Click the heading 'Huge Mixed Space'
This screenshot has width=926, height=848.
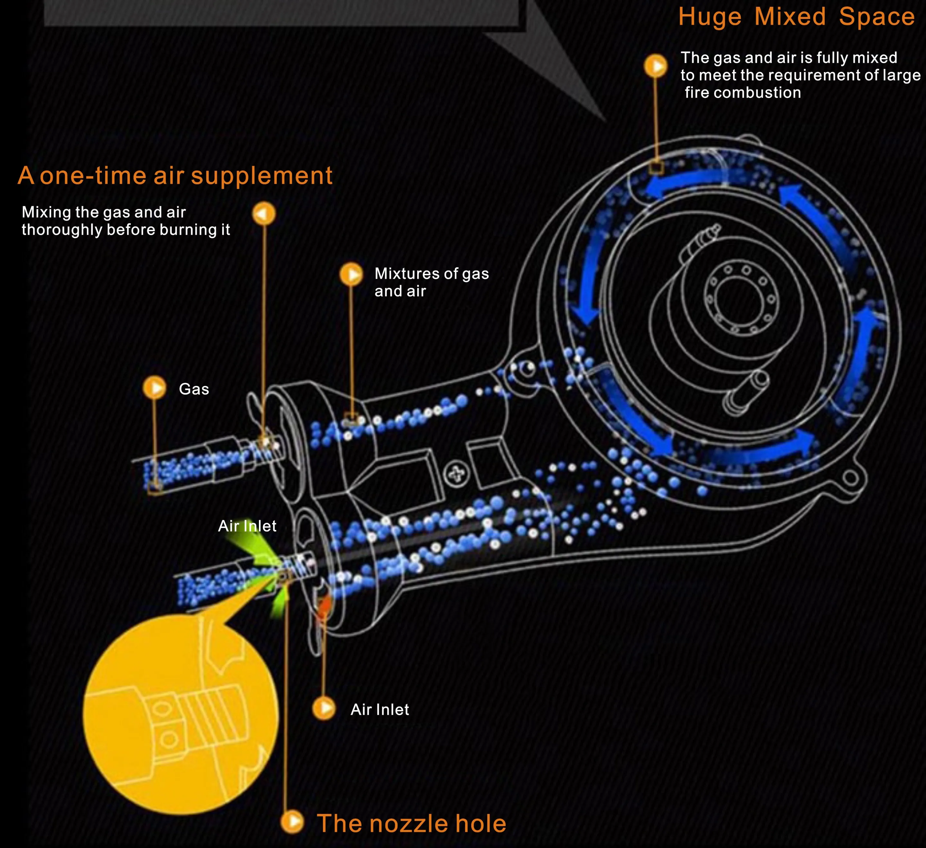(x=796, y=17)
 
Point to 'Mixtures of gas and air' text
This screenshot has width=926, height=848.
(x=431, y=282)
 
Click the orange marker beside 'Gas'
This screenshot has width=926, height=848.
(x=154, y=388)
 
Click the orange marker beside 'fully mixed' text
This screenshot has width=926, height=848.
(x=656, y=66)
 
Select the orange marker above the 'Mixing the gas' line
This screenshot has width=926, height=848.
(x=264, y=214)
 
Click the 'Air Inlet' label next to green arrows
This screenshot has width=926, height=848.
(x=247, y=526)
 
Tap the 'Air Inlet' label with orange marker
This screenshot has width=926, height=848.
(x=380, y=709)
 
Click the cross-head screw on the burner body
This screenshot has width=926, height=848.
(x=457, y=474)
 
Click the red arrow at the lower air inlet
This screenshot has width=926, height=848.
(x=324, y=606)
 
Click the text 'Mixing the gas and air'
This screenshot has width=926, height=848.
(x=104, y=212)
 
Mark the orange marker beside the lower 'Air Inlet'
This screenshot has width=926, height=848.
(x=324, y=708)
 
